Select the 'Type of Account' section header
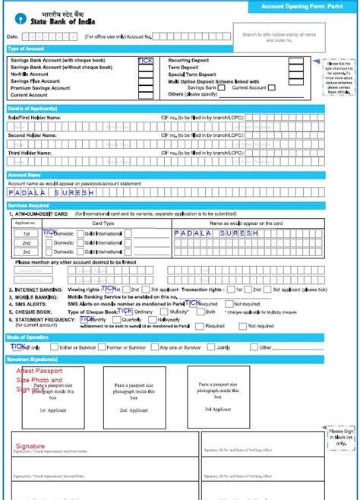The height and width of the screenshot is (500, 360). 26,49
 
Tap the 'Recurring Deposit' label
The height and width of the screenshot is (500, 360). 189,59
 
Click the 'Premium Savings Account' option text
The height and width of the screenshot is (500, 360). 39,88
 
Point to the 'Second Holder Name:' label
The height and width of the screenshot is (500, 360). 32,134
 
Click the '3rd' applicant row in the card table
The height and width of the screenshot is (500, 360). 27,252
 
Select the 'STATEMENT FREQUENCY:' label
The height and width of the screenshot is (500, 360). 42,320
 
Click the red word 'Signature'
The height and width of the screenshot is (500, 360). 31,446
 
